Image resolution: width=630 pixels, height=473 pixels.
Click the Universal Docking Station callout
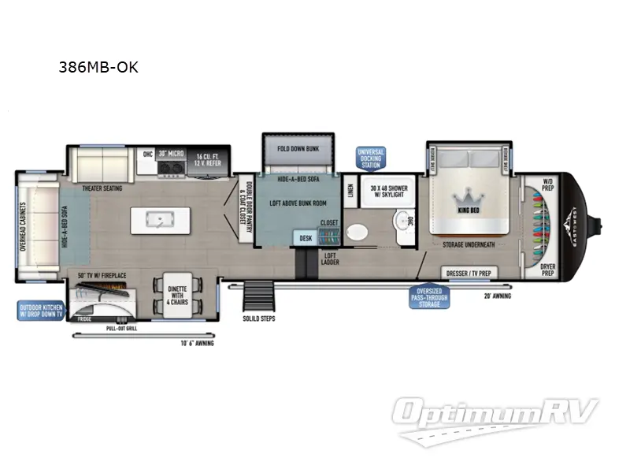click(x=370, y=158)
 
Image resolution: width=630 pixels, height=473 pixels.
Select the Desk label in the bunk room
click(x=306, y=238)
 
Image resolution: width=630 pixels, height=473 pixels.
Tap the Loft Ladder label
click(x=331, y=259)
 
